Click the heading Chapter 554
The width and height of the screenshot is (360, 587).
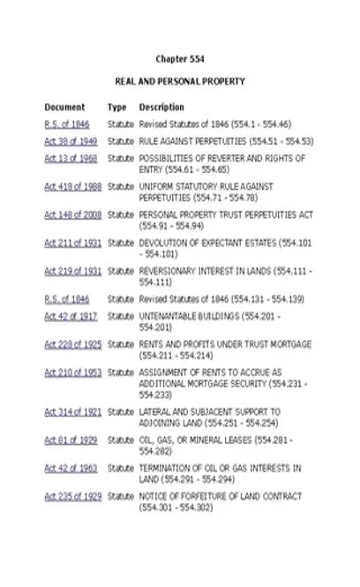tap(179, 59)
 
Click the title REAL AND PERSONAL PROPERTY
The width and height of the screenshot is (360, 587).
tap(179, 82)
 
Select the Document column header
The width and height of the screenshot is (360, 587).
tap(64, 108)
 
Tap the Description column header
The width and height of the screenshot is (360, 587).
tap(161, 108)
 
